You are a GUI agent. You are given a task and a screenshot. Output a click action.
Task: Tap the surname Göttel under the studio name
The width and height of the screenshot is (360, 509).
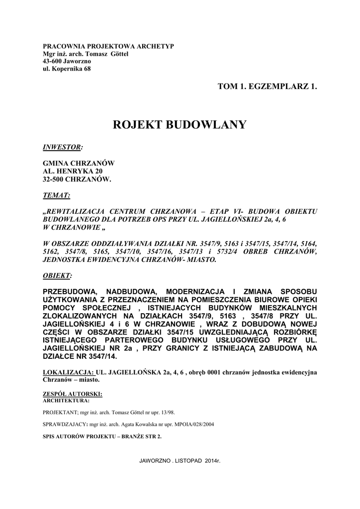tap(118, 54)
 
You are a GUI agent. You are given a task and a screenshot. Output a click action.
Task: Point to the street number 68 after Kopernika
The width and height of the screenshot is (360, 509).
tap(87, 69)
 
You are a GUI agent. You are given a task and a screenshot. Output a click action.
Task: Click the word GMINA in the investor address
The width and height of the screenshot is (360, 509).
tap(55, 164)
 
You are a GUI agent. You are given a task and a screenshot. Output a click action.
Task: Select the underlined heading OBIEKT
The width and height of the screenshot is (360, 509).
tap(57, 275)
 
